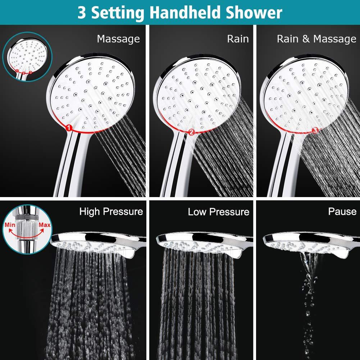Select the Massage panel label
(118, 38)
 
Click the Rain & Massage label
(316, 38)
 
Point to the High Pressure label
(111, 211)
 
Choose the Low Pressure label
(218, 211)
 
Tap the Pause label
(342, 211)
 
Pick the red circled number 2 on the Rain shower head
(191, 132)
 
